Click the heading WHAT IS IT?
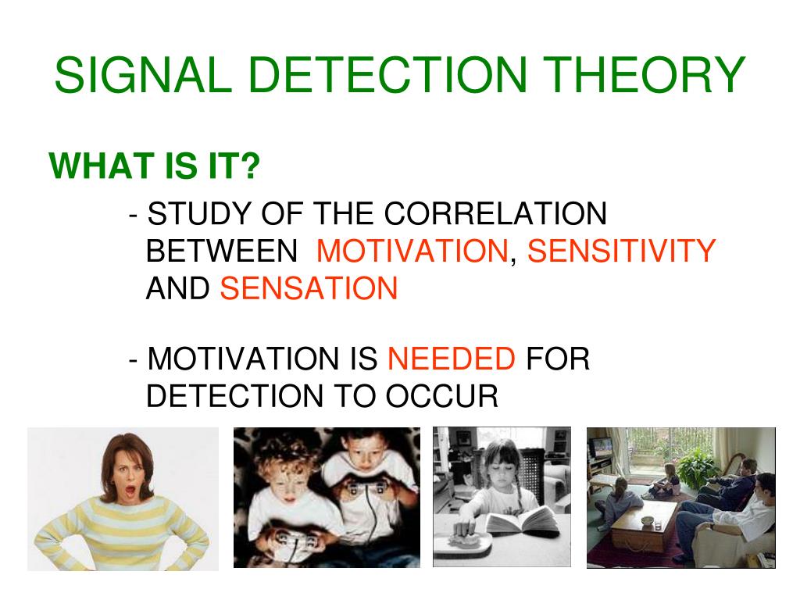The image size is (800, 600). coord(153,166)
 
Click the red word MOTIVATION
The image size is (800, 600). coord(412,252)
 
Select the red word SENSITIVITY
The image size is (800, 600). coord(622,252)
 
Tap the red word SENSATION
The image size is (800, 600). coord(309,289)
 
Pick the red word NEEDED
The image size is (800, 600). coord(452,359)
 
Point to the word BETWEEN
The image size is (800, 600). coord(222,252)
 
